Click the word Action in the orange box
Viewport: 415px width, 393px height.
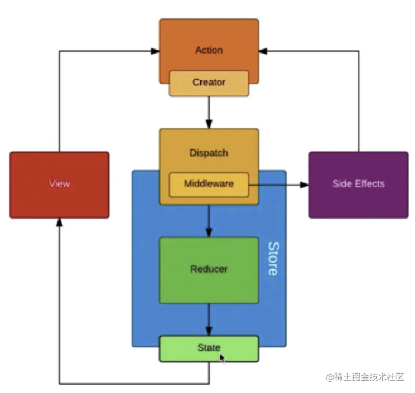coord(209,50)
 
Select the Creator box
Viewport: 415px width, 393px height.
coord(209,83)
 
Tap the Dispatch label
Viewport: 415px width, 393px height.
coord(209,153)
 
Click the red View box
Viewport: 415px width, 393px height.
coord(59,185)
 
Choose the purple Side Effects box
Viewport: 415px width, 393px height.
coord(358,184)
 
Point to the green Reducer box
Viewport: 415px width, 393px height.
coord(209,270)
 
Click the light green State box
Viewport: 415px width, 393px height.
coord(209,348)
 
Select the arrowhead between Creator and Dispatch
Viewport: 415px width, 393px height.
coord(209,124)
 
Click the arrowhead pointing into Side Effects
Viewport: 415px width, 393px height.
coord(304,185)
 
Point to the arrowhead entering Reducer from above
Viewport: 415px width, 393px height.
coord(209,232)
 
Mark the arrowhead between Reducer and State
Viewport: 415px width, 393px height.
coord(209,331)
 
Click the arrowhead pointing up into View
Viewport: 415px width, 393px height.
coord(59,223)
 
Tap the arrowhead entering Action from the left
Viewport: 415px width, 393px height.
coord(155,51)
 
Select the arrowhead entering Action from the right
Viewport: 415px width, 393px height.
coord(264,51)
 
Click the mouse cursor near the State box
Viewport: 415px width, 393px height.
coord(223,358)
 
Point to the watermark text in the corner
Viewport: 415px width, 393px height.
coord(365,377)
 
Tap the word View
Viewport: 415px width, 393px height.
coord(59,185)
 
